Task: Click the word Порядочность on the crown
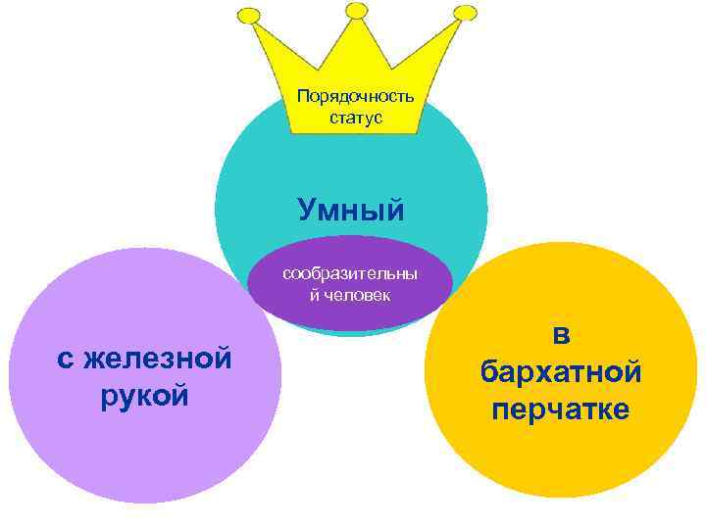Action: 355,97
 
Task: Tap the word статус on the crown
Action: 356,119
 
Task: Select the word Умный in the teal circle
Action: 351,209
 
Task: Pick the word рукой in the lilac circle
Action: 144,395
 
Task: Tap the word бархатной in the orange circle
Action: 561,372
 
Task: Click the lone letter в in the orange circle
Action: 561,335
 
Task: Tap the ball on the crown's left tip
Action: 250,17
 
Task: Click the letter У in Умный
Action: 307,209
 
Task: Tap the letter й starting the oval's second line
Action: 314,294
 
